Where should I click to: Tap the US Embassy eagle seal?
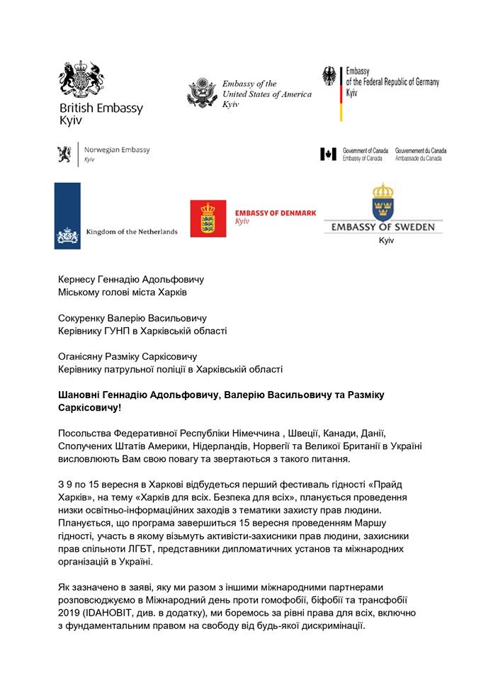(x=202, y=93)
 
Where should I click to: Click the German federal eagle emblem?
(x=329, y=76)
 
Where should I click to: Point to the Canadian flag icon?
(x=327, y=154)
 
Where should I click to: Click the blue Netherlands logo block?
(x=67, y=215)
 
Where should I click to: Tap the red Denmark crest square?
(x=208, y=218)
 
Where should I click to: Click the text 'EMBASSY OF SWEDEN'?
(x=384, y=227)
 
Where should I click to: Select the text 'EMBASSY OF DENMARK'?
(x=268, y=212)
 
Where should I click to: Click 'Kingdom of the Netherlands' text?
(x=131, y=232)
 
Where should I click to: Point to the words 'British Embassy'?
(x=101, y=108)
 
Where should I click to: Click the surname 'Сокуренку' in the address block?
(x=86, y=318)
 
